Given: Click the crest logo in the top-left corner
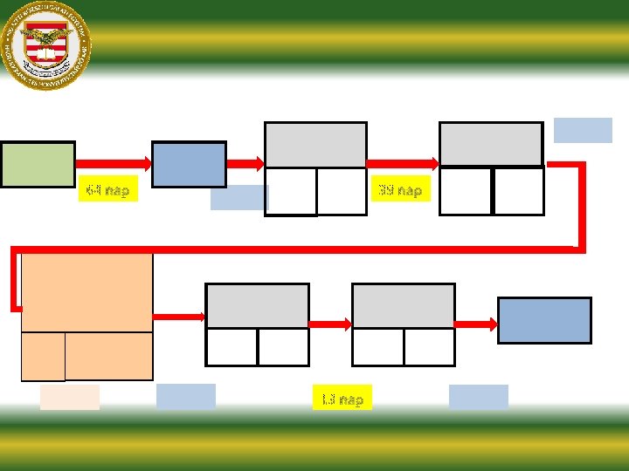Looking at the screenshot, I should [x=46, y=43].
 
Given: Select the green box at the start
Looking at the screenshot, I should [x=38, y=164].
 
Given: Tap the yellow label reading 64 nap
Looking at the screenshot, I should [x=108, y=189].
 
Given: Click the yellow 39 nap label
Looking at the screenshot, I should [x=400, y=190].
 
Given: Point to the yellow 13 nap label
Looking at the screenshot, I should [x=342, y=399].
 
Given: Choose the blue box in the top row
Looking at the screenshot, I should [x=189, y=164].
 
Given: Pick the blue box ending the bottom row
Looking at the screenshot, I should [x=544, y=320].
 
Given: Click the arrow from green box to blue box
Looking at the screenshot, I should [x=114, y=162].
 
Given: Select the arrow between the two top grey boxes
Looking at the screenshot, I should [x=402, y=162].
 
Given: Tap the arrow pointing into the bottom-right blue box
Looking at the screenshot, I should [x=476, y=324].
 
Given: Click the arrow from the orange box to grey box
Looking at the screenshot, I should [x=179, y=316].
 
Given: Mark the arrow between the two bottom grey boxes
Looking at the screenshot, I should [x=330, y=324].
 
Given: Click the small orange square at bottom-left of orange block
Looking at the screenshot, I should [x=43, y=356].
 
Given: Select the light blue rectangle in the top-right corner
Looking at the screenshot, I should [x=583, y=130].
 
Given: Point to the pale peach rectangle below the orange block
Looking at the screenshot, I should [x=70, y=397].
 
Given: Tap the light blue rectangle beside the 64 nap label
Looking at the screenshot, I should [x=238, y=198].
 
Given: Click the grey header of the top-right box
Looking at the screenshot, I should [x=490, y=144].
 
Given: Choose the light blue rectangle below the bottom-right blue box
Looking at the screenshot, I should [x=478, y=397].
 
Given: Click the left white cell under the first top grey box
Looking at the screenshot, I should [x=290, y=191].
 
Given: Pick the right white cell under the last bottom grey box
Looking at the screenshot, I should [x=428, y=347].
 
